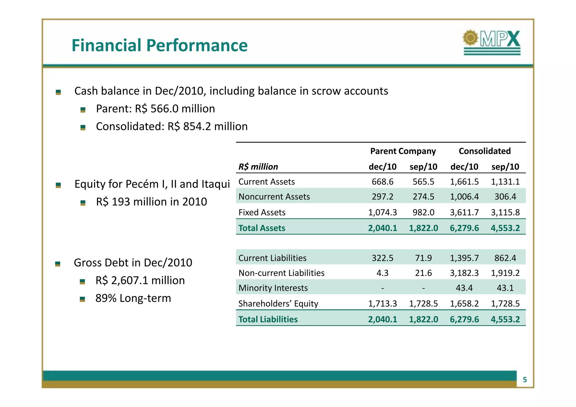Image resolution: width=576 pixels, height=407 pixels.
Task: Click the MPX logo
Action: coord(492,42)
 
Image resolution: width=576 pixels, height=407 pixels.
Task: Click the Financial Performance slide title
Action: coord(159,45)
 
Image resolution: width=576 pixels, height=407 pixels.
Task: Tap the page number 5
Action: coord(525,380)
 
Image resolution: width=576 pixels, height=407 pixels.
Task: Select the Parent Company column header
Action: coord(403,151)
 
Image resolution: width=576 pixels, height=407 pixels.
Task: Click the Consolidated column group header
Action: coord(484,151)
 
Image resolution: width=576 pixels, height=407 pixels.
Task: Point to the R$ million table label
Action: coord(258,167)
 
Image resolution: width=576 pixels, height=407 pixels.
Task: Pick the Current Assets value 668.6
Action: coord(382,182)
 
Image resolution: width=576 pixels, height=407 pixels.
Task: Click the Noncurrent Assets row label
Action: coord(274,197)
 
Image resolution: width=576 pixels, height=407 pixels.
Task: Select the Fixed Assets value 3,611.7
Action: coord(464,212)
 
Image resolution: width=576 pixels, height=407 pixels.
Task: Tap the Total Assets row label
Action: coord(262,228)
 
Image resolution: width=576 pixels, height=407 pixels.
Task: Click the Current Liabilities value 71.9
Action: coord(423,258)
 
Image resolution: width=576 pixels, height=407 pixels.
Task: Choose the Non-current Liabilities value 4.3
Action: coord(382,273)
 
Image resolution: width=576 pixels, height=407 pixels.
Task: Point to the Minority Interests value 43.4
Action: coord(464,288)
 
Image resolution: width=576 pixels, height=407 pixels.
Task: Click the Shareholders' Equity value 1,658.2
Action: coord(464,304)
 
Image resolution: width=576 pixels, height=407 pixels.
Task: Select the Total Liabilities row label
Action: coord(268,320)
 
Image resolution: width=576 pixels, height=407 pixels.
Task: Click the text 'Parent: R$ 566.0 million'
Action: coord(155,109)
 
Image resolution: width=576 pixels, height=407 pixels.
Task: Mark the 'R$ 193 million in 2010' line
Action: coord(151,202)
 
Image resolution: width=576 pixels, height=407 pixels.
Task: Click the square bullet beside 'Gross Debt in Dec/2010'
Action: coord(58,264)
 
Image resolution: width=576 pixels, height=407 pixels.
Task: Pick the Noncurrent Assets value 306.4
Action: coord(505,197)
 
